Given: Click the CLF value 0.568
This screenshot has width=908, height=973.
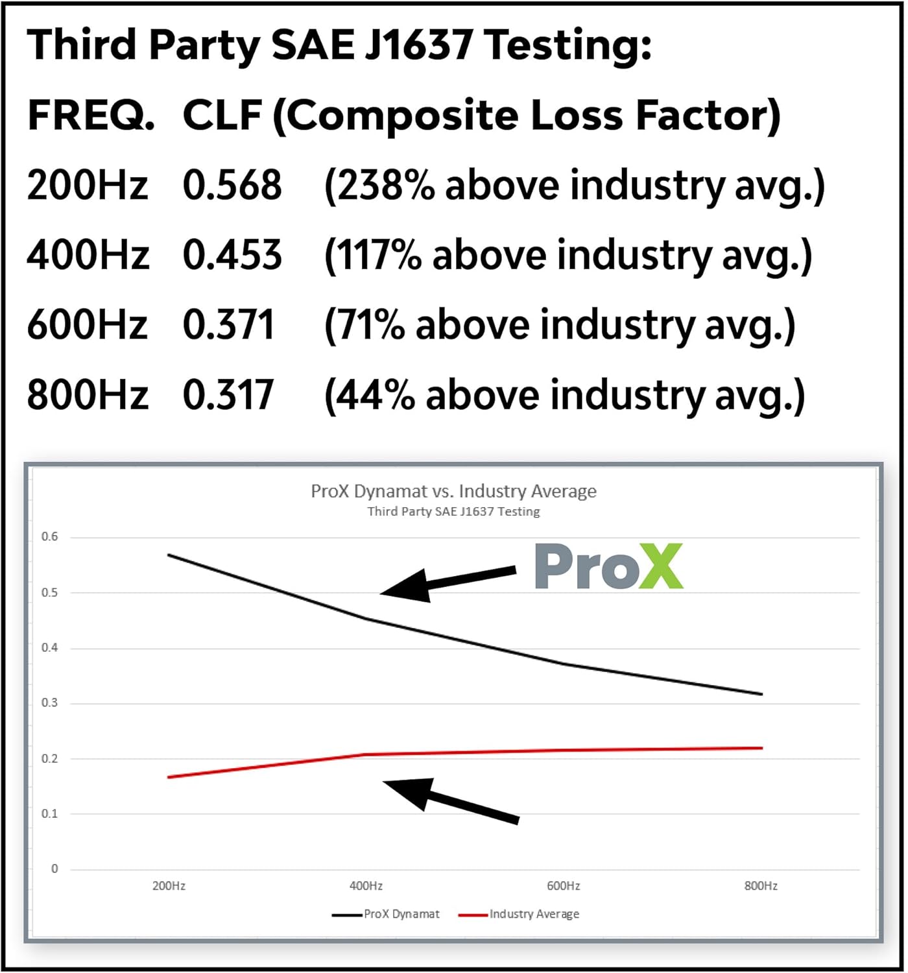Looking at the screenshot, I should click(232, 185).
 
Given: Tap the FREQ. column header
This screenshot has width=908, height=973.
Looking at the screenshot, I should click(91, 115).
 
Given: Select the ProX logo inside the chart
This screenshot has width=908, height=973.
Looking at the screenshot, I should click(608, 567).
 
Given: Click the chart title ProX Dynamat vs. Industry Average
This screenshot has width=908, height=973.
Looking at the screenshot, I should click(453, 491).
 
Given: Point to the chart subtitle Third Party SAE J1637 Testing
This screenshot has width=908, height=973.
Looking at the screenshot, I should click(453, 511).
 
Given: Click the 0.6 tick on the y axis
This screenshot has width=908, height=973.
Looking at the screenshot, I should click(49, 536).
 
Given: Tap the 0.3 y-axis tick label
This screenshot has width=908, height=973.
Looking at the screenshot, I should click(49, 703).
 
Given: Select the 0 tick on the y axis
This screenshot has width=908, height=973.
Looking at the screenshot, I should click(54, 869).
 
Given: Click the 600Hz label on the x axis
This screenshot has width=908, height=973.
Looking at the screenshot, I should click(563, 885).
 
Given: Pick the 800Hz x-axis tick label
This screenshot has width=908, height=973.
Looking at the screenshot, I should click(761, 885).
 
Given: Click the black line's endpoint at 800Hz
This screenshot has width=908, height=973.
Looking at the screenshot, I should click(761, 694).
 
